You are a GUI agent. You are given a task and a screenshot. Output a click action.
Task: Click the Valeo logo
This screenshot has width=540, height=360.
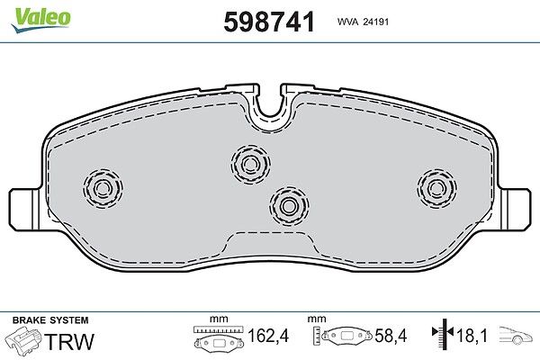pos(40,20)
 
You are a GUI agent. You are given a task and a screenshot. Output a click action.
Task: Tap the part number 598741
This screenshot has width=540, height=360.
pos(269,22)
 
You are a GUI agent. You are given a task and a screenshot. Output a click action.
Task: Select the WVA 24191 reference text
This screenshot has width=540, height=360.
pos(363,22)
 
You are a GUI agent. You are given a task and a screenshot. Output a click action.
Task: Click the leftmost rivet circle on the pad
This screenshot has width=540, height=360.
pos(103,188)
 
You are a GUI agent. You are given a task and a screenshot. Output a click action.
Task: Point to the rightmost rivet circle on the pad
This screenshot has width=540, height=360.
pos(436,188)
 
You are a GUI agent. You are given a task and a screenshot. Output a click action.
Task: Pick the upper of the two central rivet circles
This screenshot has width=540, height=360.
pos(250,164)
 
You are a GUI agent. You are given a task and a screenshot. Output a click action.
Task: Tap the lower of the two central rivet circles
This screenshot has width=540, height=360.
pos(289,206)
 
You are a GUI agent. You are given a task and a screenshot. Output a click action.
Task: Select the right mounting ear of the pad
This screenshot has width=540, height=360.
pos(514,209)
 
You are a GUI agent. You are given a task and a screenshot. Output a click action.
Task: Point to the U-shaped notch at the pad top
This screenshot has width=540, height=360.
pos(270,103)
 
